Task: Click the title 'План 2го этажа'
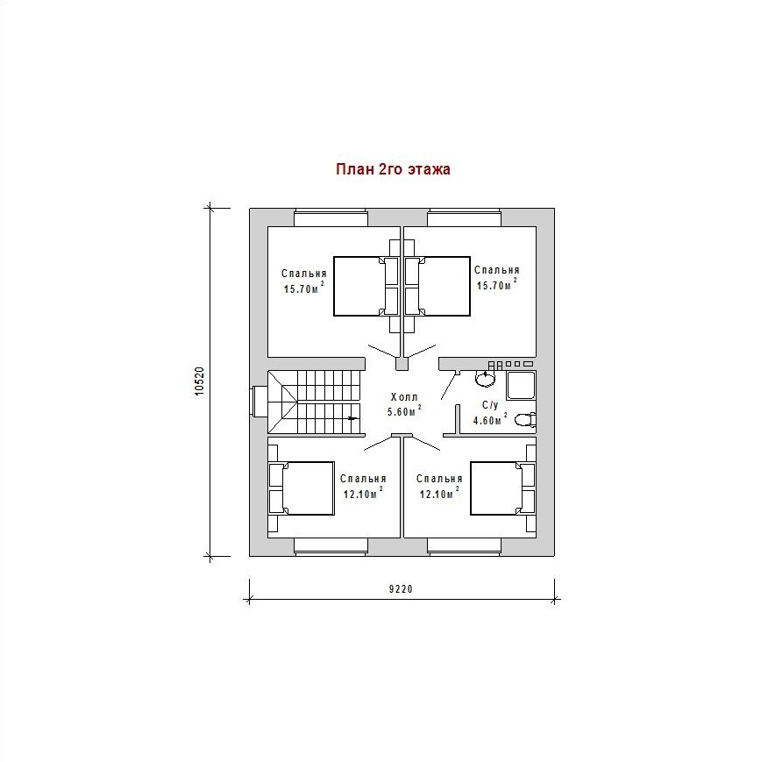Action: [x=393, y=169]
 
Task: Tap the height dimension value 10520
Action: [x=200, y=382]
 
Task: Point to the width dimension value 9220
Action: [x=401, y=589]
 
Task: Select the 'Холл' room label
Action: [x=404, y=397]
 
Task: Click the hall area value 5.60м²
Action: [x=404, y=411]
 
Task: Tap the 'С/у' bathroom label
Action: [x=490, y=405]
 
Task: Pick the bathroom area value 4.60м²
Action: [x=490, y=420]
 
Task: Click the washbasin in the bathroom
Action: [x=486, y=378]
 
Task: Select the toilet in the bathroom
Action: [x=526, y=419]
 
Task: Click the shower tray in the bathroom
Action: [x=521, y=386]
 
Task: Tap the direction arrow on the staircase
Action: [x=353, y=418]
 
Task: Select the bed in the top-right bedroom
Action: [x=437, y=287]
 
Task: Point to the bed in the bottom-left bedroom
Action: [x=302, y=488]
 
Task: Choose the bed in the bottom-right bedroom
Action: [x=503, y=488]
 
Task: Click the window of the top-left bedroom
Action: [x=331, y=217]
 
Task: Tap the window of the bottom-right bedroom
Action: [x=464, y=546]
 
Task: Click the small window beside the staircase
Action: [x=259, y=402]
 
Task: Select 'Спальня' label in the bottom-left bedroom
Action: [x=363, y=479]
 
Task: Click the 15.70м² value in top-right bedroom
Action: [x=495, y=284]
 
